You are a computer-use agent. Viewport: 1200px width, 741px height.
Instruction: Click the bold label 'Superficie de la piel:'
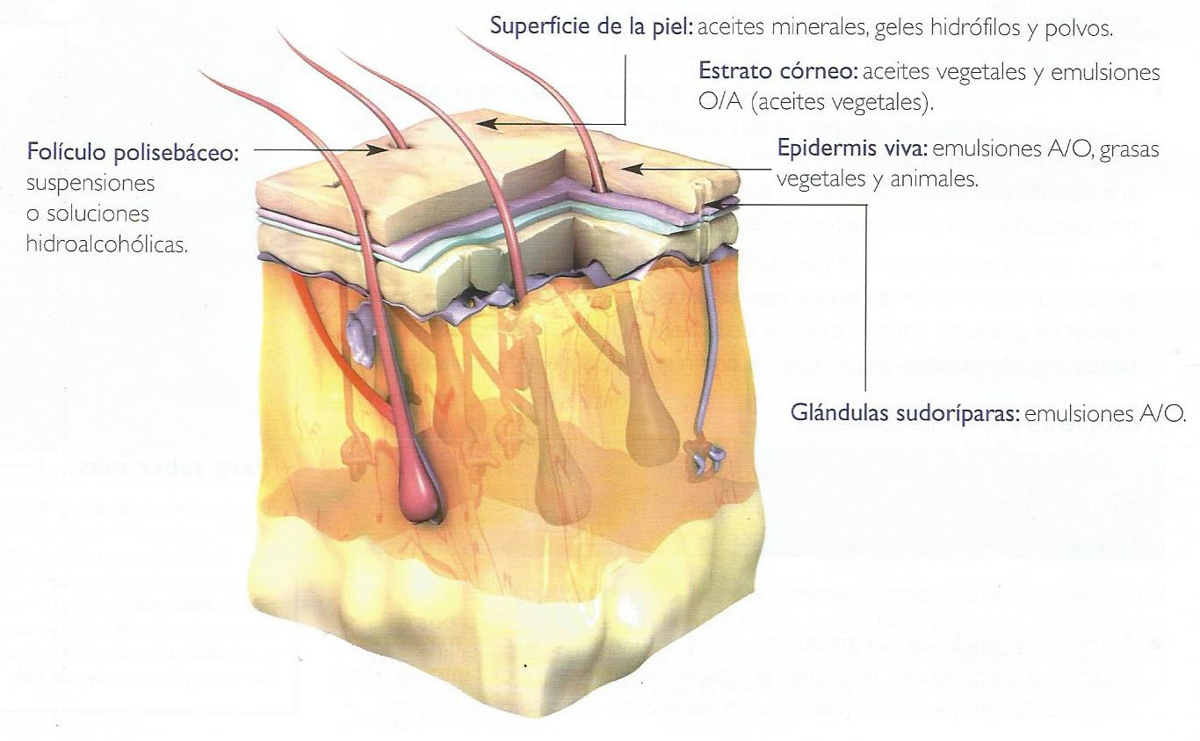tap(591, 26)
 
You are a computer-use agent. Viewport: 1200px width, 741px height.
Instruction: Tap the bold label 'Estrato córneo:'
tap(777, 71)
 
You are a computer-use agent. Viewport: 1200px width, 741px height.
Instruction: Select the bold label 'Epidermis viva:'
tap(852, 148)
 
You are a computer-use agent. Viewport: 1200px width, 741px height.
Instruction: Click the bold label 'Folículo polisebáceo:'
tap(133, 152)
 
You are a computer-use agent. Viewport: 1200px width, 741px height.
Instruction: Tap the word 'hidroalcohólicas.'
tap(107, 244)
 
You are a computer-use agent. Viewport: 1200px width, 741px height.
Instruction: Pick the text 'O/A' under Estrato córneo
tap(720, 101)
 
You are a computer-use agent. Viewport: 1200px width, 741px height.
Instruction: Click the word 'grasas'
tap(1130, 149)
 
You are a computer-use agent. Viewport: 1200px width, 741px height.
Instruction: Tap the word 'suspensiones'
tap(90, 184)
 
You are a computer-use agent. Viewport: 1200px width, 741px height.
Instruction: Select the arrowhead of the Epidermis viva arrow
tap(633, 169)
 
